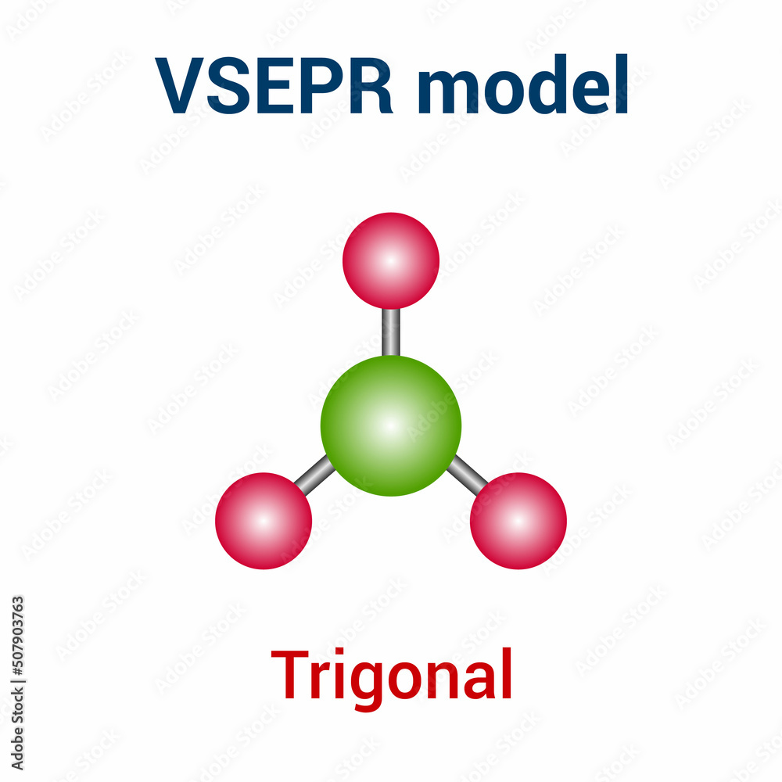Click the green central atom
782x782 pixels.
(391, 426)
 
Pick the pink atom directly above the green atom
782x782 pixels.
(391, 260)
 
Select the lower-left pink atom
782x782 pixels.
(264, 521)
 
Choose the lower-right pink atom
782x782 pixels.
(518, 521)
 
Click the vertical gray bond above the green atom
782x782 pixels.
(391, 332)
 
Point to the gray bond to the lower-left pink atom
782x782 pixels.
(315, 475)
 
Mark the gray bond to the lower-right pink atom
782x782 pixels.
(467, 475)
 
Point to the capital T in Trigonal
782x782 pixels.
(291, 674)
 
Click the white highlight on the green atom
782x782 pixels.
(389, 425)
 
